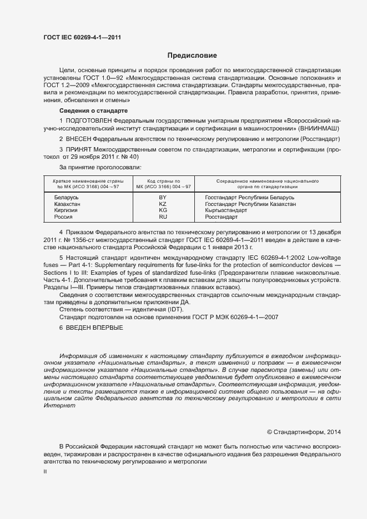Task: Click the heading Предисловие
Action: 192,56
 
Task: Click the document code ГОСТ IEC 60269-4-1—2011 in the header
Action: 82,37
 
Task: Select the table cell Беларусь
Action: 67,198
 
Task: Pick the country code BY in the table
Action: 163,198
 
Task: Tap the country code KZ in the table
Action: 163,204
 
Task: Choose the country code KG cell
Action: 163,211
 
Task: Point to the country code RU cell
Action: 163,217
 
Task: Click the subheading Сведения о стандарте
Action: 90,112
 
